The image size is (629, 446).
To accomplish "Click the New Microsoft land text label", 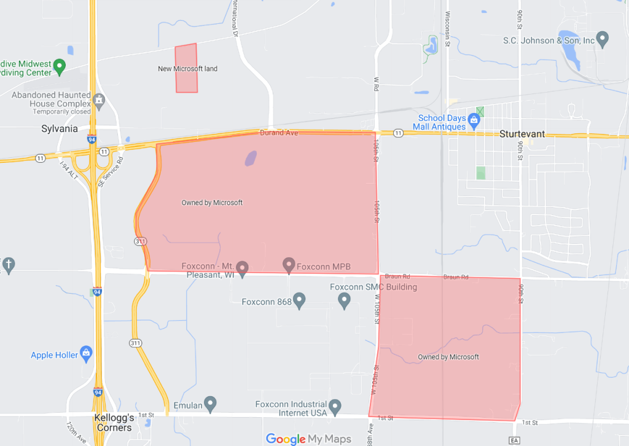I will [x=187, y=69].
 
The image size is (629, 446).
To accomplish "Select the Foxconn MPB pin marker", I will [x=289, y=265].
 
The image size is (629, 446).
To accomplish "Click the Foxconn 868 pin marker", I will [x=299, y=300].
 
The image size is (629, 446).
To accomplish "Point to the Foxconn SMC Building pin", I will [x=345, y=300].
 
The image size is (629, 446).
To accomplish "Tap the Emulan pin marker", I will [x=211, y=404].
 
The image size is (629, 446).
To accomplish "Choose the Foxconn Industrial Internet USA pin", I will [x=335, y=406].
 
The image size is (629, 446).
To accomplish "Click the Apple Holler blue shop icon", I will [x=87, y=353].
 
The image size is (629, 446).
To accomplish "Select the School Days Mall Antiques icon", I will [x=474, y=119].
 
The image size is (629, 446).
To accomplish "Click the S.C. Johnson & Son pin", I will [x=603, y=39].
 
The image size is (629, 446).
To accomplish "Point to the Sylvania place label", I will [x=60, y=129].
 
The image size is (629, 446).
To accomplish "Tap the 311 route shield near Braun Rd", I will [x=141, y=241].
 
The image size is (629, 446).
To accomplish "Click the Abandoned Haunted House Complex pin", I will [x=99, y=100].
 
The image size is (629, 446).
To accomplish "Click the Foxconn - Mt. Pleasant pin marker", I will [x=243, y=267].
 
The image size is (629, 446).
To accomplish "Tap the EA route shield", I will [x=514, y=440].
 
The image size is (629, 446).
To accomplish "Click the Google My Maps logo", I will [x=308, y=439].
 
